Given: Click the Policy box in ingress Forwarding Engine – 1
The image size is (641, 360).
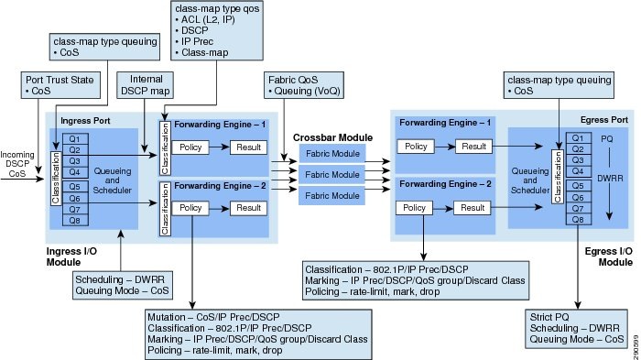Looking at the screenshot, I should (192, 147).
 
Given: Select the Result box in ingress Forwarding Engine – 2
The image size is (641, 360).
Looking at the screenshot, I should (247, 208).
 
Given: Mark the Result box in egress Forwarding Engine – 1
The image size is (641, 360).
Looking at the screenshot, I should (473, 147).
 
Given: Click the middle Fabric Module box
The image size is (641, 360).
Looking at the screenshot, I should (331, 172).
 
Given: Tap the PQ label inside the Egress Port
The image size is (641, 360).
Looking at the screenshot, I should (606, 138).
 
